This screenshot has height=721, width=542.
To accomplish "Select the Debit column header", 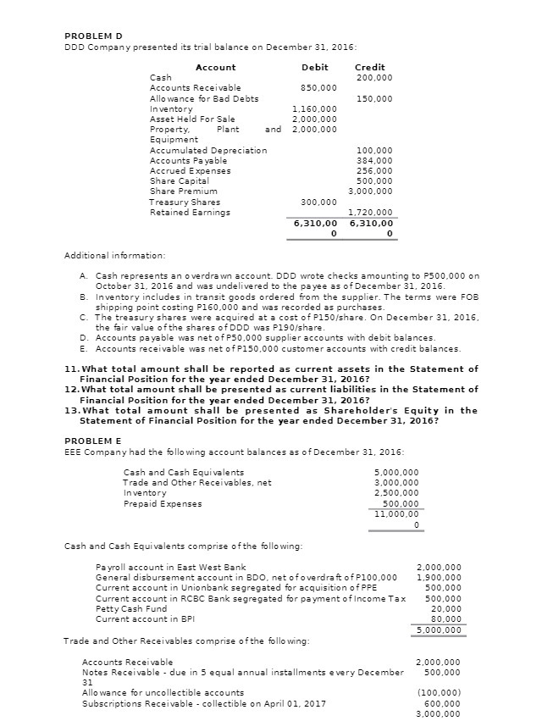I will pyautogui.click(x=314, y=67).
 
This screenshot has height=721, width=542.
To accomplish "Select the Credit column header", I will pyautogui.click(x=369, y=67).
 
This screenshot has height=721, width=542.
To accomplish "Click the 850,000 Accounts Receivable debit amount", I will pyautogui.click(x=318, y=87).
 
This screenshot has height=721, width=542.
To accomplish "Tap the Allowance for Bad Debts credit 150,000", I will pyautogui.click(x=374, y=98).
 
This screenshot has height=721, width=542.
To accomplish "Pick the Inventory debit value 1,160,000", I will pyautogui.click(x=314, y=109).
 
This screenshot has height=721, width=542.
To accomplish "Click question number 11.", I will pyautogui.click(x=71, y=369).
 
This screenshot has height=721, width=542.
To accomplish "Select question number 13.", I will pyautogui.click(x=71, y=410).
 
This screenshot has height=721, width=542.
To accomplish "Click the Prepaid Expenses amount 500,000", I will pyautogui.click(x=402, y=503).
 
